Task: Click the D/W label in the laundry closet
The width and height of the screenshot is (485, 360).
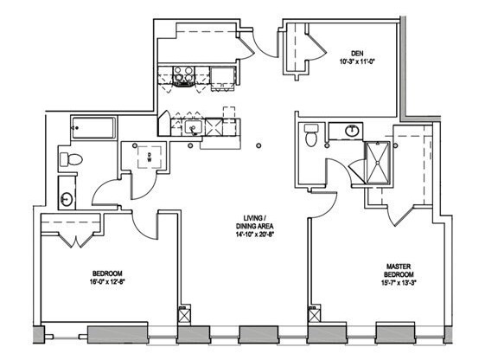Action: (x=149, y=157)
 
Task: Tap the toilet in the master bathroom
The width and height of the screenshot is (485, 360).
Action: (x=310, y=134)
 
